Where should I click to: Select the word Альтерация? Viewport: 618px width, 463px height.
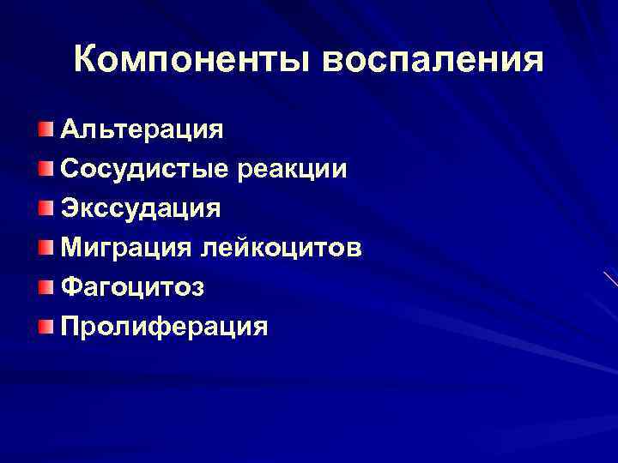142,130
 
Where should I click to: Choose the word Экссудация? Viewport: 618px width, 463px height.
141,208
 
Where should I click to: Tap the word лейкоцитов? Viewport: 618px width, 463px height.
282,248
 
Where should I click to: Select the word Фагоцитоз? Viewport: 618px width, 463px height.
132,287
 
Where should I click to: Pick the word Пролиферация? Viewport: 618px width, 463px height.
164,327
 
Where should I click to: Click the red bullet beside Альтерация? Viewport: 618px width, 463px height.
45,129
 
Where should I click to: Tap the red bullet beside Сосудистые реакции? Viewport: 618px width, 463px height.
45,169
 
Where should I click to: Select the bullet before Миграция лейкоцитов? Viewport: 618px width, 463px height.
45,248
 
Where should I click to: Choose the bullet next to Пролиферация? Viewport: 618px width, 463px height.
45,327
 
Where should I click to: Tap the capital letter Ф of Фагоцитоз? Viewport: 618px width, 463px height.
71,287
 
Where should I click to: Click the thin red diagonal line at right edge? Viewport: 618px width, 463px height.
610,280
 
